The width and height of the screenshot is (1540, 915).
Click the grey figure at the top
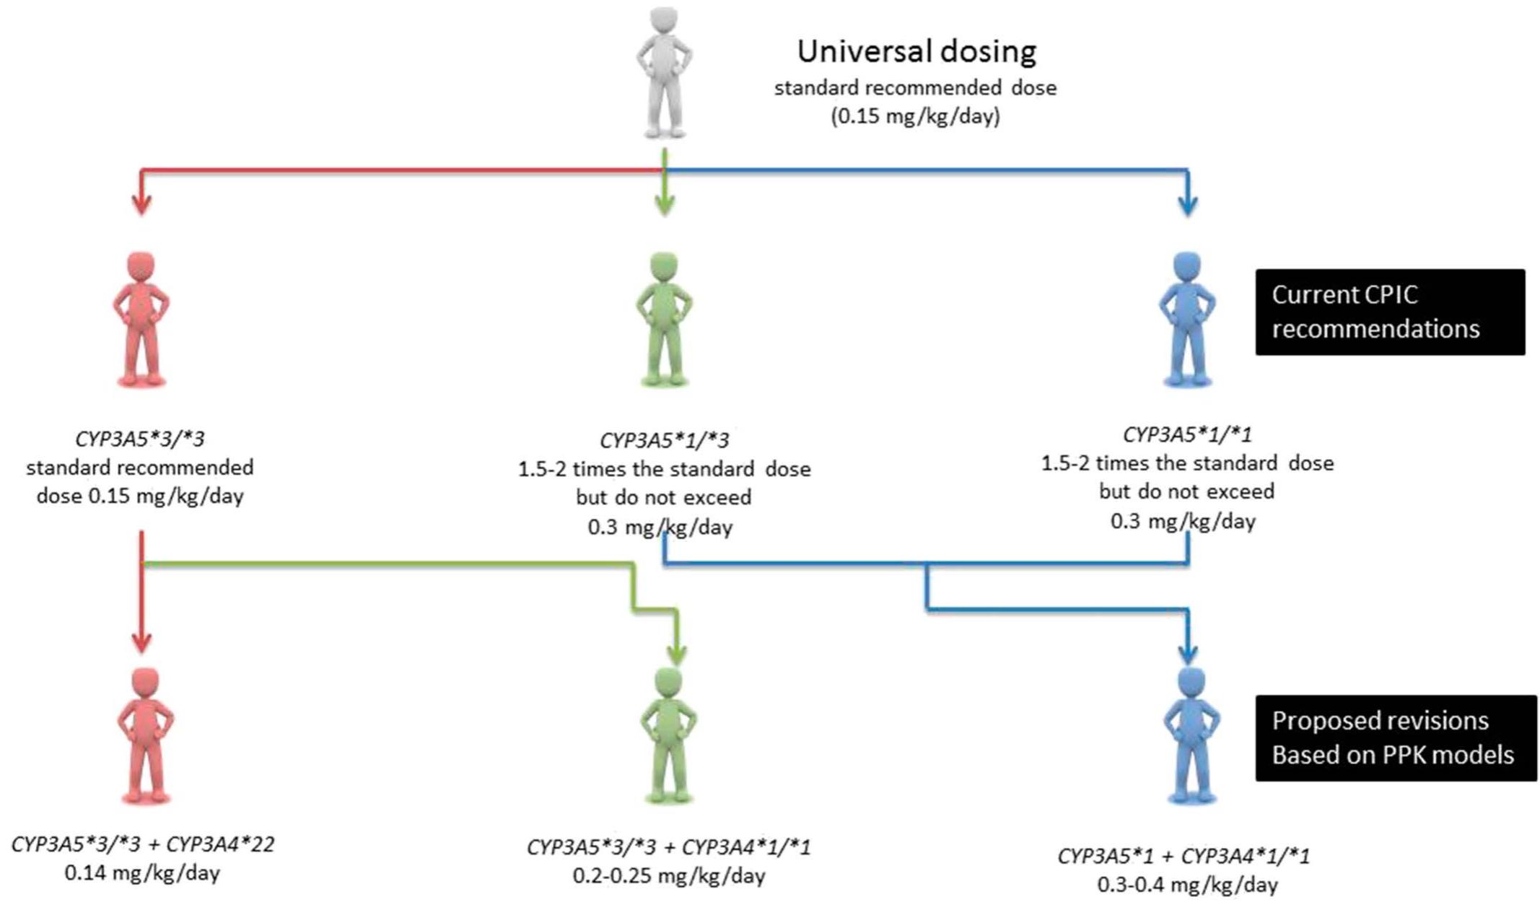tap(664, 72)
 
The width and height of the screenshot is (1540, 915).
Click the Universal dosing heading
tap(916, 52)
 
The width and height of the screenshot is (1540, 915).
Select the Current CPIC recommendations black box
tap(1390, 312)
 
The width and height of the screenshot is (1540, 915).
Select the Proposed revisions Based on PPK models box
tap(1395, 737)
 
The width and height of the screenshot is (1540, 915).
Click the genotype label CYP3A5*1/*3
tap(664, 440)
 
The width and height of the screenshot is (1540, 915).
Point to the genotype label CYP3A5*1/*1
tap(1187, 434)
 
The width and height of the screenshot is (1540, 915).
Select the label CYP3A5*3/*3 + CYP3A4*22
tap(143, 844)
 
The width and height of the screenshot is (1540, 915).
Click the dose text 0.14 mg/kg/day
tap(143, 873)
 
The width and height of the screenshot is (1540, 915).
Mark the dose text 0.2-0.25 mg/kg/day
tap(669, 876)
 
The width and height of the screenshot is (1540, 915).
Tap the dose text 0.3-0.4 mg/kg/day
tap(1187, 885)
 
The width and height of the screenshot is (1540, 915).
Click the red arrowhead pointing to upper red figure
tap(142, 205)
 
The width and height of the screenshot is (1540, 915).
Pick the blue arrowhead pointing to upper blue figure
tap(1187, 206)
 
